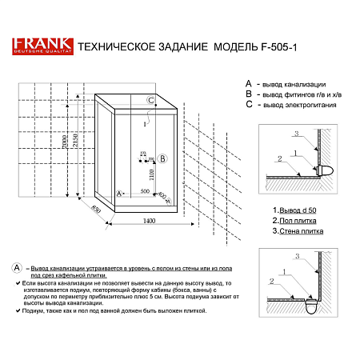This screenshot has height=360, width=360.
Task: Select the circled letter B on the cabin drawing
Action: pos(162,158)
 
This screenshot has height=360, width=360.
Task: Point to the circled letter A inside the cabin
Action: pos(119,194)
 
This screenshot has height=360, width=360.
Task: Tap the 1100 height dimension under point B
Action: pos(150,177)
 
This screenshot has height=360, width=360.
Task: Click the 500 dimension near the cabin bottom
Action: pos(146,192)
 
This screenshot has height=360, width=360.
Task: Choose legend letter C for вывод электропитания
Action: pos(249,105)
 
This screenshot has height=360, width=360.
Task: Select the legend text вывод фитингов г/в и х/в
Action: pos(305,94)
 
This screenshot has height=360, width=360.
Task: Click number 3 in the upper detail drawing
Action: pos(295,133)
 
